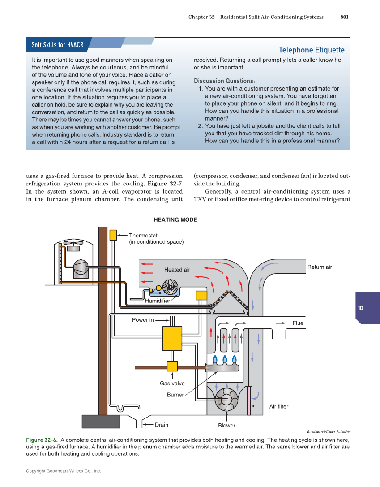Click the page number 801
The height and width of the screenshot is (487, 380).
click(344, 17)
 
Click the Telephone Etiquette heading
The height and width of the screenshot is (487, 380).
click(311, 50)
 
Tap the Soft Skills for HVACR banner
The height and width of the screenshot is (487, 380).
click(57, 45)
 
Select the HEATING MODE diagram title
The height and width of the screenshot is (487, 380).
click(175, 220)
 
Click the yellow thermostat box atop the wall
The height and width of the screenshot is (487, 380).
click(113, 235)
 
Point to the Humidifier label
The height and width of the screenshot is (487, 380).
click(157, 301)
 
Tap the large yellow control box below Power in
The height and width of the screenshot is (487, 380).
click(172, 338)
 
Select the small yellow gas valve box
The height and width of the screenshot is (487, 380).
click(172, 366)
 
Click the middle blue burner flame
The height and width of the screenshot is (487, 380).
click(225, 359)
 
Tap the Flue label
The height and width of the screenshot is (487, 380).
click(298, 323)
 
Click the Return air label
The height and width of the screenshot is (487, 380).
click(319, 267)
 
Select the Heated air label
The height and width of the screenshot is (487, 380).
click(177, 270)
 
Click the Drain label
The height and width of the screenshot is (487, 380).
click(161, 425)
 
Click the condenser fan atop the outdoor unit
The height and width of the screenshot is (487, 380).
click(73, 246)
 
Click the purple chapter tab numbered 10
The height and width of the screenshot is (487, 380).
click(361, 308)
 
